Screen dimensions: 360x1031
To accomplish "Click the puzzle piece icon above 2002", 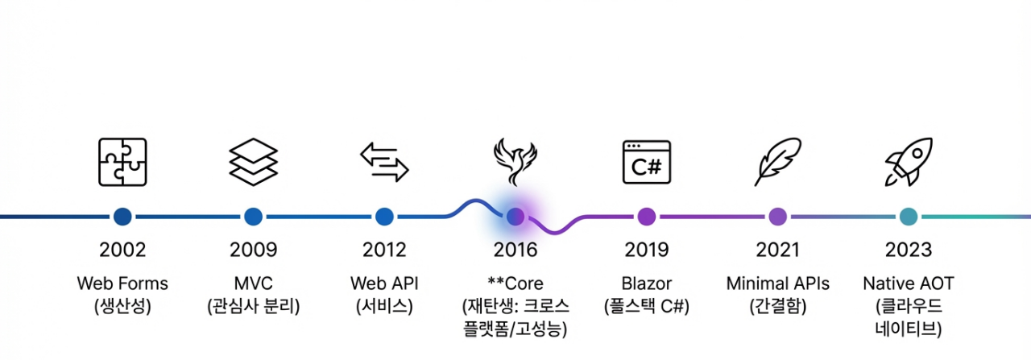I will point(122,162).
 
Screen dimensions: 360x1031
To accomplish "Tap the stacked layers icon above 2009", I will point(253,162).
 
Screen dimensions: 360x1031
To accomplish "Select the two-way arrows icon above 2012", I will point(384,162).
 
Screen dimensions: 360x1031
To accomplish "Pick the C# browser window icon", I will point(646,162).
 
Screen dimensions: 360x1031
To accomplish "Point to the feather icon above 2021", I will point(777,162).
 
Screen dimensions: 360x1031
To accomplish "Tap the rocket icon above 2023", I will point(909,162).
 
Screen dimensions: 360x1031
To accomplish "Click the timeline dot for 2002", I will point(122,216).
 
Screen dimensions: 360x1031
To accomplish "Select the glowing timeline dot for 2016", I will point(515,216).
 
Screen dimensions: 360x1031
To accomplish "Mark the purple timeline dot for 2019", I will point(646,216).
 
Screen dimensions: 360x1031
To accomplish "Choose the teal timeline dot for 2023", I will point(909,216).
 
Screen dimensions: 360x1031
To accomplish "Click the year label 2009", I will point(253,250).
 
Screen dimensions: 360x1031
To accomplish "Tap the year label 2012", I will point(384,250).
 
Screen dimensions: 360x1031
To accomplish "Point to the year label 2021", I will point(777,250).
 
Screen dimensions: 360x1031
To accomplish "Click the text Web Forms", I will point(122,283).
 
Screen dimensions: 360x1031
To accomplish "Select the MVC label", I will point(253,283).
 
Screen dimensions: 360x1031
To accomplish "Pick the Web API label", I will point(384,283).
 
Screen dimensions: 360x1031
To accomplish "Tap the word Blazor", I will point(646,283).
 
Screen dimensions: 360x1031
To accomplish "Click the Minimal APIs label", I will point(777,283).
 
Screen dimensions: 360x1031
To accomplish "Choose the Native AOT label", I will point(909,283).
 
